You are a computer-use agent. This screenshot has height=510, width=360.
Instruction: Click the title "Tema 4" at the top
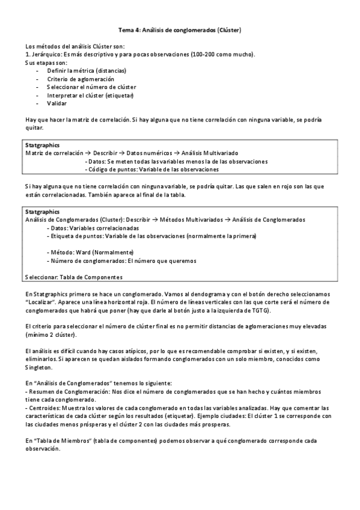coord(127,29)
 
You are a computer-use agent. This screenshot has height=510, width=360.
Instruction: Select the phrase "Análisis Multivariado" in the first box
coord(228,153)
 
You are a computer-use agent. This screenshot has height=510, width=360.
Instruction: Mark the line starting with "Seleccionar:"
coord(74,277)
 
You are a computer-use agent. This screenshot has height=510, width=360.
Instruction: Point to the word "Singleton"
coord(39,367)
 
